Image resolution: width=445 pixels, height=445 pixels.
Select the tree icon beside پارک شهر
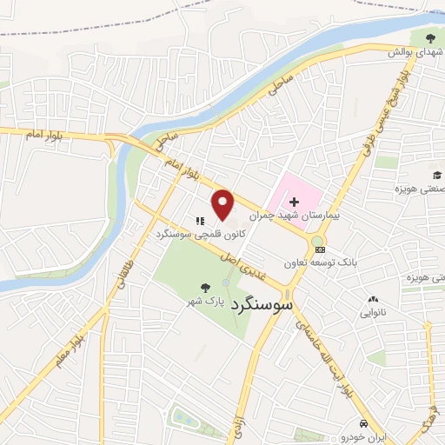205,288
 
